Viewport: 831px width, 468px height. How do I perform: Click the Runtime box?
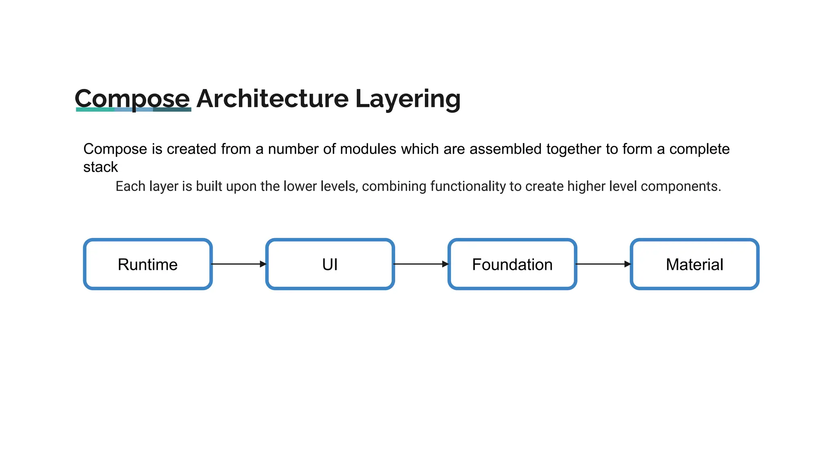point(148,264)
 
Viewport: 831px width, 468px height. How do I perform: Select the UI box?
point(330,264)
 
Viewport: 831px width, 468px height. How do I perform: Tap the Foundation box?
point(512,264)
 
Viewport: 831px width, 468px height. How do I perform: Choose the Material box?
point(694,264)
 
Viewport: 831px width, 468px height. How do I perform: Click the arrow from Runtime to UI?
point(239,264)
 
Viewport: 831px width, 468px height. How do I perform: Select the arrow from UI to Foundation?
point(421,264)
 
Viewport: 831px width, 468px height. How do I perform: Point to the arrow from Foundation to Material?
point(603,264)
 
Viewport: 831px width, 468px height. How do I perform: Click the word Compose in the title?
point(132,98)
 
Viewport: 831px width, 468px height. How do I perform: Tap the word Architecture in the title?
point(272,98)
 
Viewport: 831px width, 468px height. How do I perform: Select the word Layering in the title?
point(408,98)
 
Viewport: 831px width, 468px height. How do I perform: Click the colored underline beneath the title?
point(133,109)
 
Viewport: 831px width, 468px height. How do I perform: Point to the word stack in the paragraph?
point(100,167)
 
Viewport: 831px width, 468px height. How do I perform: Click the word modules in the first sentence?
point(368,149)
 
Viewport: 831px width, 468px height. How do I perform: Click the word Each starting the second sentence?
point(130,186)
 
